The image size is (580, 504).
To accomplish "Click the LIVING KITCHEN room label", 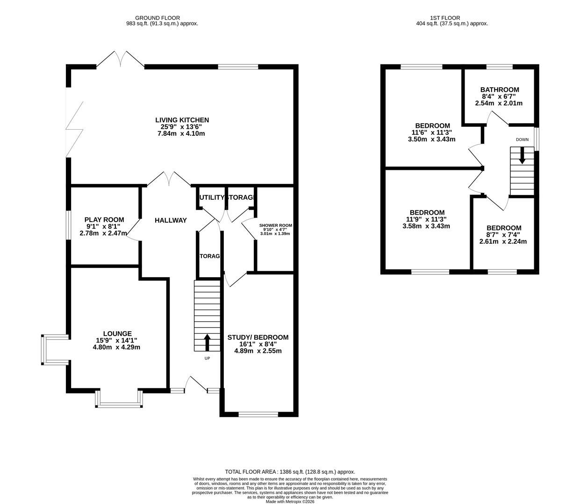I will (x=182, y=120).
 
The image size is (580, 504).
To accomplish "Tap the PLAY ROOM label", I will (x=104, y=220).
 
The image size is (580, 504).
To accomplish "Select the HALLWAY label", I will (x=171, y=220).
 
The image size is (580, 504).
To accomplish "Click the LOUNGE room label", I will (x=117, y=334).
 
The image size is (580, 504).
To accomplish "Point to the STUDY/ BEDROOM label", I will (x=258, y=337).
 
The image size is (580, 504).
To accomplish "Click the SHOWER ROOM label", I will (x=276, y=225).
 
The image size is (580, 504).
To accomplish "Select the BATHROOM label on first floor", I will (x=500, y=90).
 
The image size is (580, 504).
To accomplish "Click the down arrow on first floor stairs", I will (x=522, y=155).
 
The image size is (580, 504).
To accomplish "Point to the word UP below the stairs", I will (x=207, y=358).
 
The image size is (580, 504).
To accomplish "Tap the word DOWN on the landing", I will (x=522, y=140).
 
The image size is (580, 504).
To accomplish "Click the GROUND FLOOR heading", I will (x=162, y=17).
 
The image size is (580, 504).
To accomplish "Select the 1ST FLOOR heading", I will (x=451, y=17).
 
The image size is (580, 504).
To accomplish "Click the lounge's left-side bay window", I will (x=43, y=349).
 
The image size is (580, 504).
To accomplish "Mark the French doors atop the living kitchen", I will (x=121, y=60).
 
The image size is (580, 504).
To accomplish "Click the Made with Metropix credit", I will (x=290, y=502).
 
